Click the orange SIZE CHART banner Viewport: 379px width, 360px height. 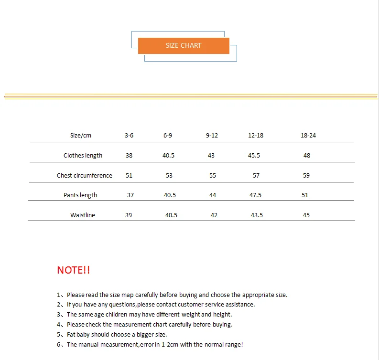184,45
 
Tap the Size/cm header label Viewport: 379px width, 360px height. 80,136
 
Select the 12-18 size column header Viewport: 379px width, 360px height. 256,136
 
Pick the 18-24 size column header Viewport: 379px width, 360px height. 308,136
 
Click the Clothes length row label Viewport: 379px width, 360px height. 83,156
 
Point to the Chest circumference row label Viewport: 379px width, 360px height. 84,176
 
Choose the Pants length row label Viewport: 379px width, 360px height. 80,195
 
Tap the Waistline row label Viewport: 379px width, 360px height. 83,215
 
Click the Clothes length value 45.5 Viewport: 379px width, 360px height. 254,156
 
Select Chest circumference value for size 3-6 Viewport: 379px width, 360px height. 129,176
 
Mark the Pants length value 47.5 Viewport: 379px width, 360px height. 256,195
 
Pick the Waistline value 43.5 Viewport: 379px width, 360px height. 257,215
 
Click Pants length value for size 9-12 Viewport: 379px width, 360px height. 213,195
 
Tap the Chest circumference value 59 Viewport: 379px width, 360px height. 306,176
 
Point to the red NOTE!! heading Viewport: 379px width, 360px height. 74,270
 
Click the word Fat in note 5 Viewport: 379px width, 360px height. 72,335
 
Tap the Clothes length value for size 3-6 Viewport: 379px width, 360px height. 129,156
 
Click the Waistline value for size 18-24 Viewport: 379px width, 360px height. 306,215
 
